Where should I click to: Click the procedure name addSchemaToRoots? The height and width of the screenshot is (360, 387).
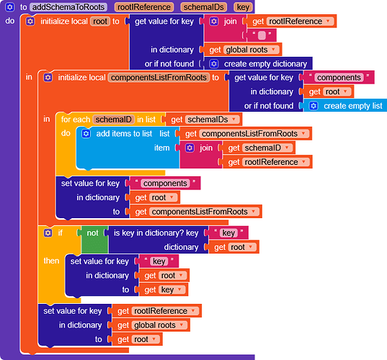click(68, 7)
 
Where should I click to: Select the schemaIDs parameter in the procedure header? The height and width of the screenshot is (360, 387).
click(204, 7)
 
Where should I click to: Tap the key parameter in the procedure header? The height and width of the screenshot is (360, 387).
click(243, 7)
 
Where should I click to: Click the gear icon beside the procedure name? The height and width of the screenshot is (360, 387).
click(10, 7)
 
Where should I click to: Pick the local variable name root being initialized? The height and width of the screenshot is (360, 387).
click(100, 22)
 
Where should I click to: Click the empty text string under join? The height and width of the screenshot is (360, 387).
click(262, 35)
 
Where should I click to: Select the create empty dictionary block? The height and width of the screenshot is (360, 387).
click(258, 64)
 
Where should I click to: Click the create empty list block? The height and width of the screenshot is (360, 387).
click(345, 106)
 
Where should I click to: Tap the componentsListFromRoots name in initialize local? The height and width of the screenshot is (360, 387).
click(159, 78)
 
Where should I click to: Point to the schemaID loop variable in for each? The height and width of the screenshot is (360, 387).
click(114, 120)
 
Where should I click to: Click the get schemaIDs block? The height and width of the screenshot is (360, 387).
click(204, 120)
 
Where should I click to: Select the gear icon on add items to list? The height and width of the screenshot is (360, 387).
click(86, 134)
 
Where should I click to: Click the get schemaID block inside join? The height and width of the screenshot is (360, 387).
click(259, 148)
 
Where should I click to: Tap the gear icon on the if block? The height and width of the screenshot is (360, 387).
click(48, 233)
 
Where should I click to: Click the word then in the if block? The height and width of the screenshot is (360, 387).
click(51, 261)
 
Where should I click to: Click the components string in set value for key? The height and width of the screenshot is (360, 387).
click(165, 183)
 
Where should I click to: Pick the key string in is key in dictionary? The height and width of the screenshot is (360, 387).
click(228, 233)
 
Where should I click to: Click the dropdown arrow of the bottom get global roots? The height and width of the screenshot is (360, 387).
click(182, 325)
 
